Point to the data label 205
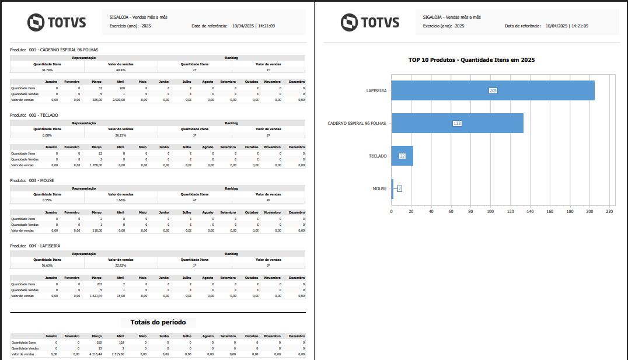493,91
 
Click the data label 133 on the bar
457,124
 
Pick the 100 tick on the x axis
490,211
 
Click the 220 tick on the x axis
609,211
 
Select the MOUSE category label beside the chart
379,188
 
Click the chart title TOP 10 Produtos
472,60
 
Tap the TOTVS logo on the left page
57,23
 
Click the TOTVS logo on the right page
370,23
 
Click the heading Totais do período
158,322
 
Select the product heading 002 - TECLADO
43,115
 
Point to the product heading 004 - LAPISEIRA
44,246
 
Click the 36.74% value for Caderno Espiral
47,69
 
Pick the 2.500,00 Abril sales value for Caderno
118,100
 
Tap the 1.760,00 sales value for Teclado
96,165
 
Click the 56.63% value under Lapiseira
47,265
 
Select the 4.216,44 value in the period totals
95,354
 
